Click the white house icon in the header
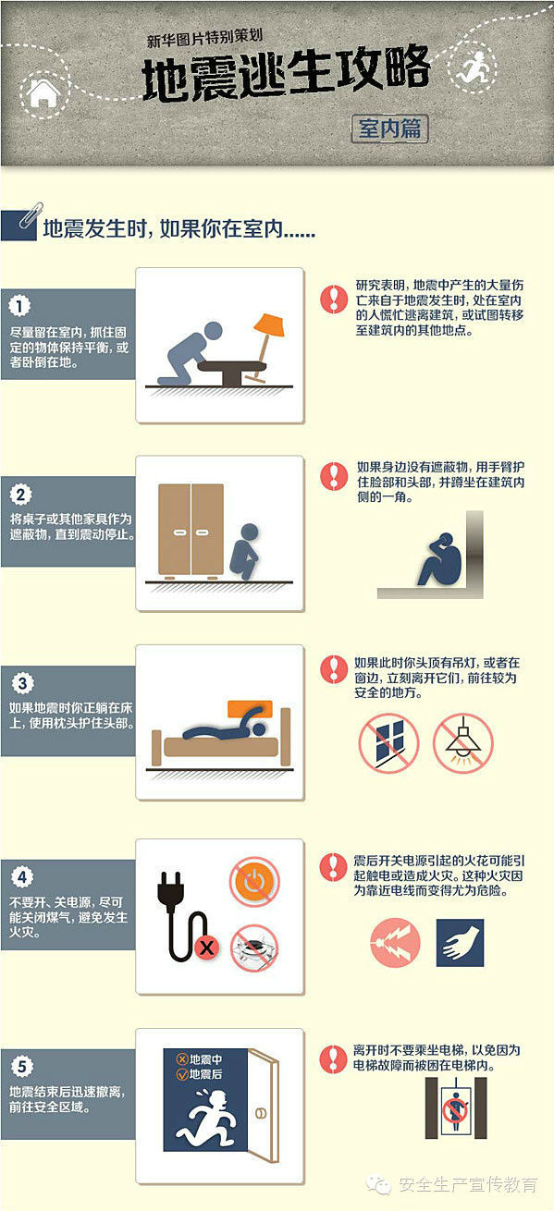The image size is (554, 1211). tap(44, 93)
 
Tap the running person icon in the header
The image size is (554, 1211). tap(472, 67)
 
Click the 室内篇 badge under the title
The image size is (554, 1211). tap(389, 128)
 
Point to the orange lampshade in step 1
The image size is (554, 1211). tap(269, 324)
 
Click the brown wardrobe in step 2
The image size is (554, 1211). tap(191, 530)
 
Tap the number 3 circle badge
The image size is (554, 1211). tap(22, 683)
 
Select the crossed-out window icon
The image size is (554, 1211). tap(389, 742)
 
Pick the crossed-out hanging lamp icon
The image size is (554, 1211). tap(463, 742)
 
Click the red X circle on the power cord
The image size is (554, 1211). tap(206, 947)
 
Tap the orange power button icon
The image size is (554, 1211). tap(254, 882)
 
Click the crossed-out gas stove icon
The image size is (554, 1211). tap(254, 948)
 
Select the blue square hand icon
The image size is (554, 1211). tap(460, 943)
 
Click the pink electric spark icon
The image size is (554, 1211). tap(395, 943)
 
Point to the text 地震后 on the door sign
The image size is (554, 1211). tap(205, 1074)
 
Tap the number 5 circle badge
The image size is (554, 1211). tap(21, 1066)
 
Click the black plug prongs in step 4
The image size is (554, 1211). tap(171, 887)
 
